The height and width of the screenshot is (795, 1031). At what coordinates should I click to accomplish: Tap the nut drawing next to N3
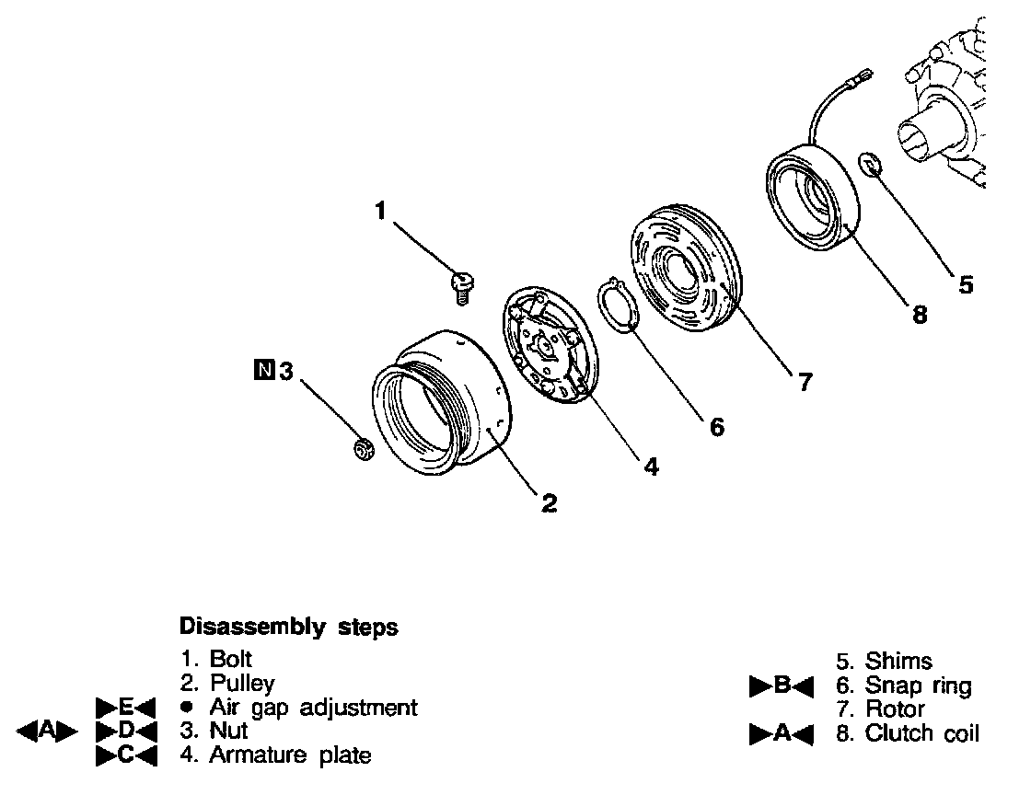pos(364,449)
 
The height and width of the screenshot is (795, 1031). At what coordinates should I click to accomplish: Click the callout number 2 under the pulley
pos(549,502)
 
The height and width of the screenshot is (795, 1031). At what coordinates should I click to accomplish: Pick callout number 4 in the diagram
pos(651,467)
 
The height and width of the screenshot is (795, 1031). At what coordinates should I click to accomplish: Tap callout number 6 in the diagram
pos(716,427)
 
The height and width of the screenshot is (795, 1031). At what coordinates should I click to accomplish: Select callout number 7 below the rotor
pos(805,382)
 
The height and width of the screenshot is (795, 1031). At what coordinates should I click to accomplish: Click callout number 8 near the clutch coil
pos(919,315)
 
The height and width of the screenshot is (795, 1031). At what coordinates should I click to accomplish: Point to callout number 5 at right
pos(965,284)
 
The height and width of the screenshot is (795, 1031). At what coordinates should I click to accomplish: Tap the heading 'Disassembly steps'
pos(288,628)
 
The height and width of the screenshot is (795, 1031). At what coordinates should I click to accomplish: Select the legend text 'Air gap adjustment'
pos(313,708)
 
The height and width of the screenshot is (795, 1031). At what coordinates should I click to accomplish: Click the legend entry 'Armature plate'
pos(290,755)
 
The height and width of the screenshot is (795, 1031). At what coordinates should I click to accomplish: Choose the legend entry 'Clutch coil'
pos(922,733)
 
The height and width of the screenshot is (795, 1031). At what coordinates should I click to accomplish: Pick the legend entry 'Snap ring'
pos(918,685)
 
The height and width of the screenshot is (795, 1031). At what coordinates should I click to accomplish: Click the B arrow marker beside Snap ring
pos(780,686)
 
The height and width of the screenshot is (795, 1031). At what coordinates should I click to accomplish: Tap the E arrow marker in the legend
pos(128,708)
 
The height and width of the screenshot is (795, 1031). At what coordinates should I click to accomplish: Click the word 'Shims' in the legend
pos(898,661)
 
